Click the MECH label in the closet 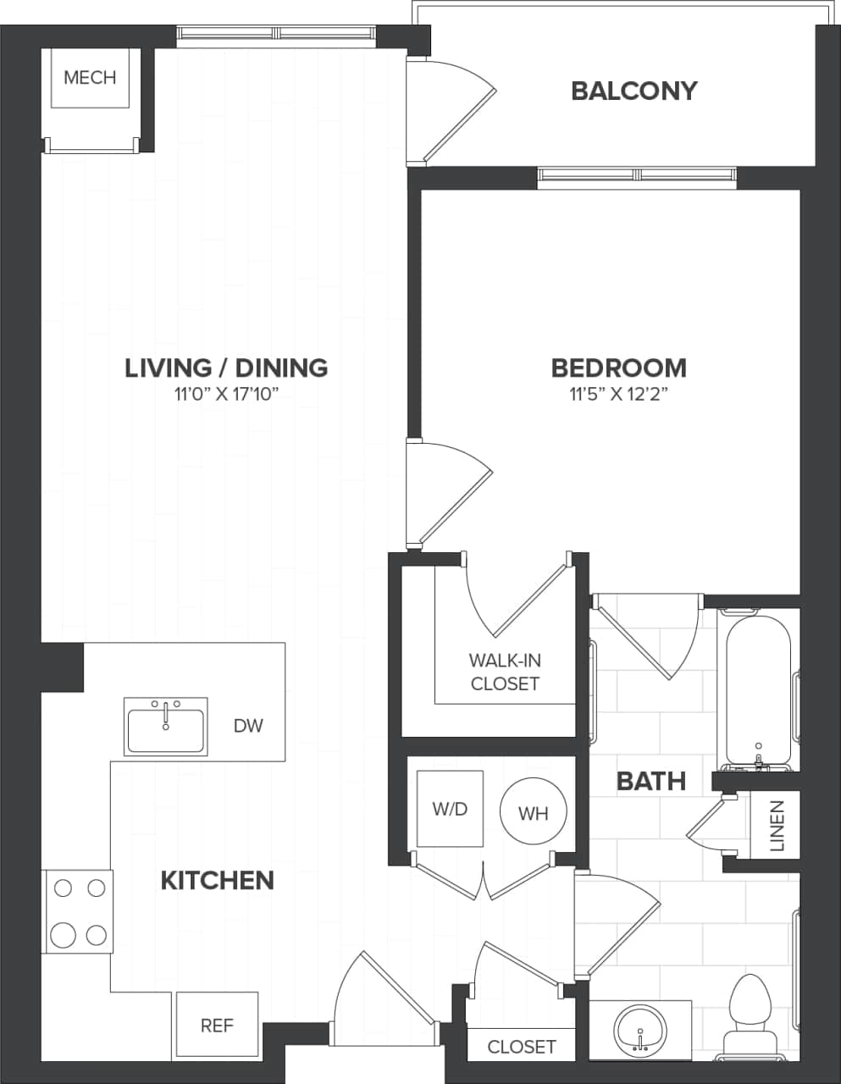[90, 78]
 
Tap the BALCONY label [634, 91]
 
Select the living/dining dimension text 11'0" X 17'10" [226, 394]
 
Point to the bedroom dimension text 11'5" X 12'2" [618, 394]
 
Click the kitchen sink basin [165, 730]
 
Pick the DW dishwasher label [248, 726]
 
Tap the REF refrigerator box [217, 1026]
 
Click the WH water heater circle [533, 813]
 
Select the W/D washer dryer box [450, 809]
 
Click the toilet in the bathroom [747, 1012]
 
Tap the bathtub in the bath [758, 686]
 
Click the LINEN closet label [777, 826]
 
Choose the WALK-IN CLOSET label [505, 672]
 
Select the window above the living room [276, 33]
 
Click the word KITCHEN [217, 881]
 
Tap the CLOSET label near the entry [522, 1048]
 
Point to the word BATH [650, 781]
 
